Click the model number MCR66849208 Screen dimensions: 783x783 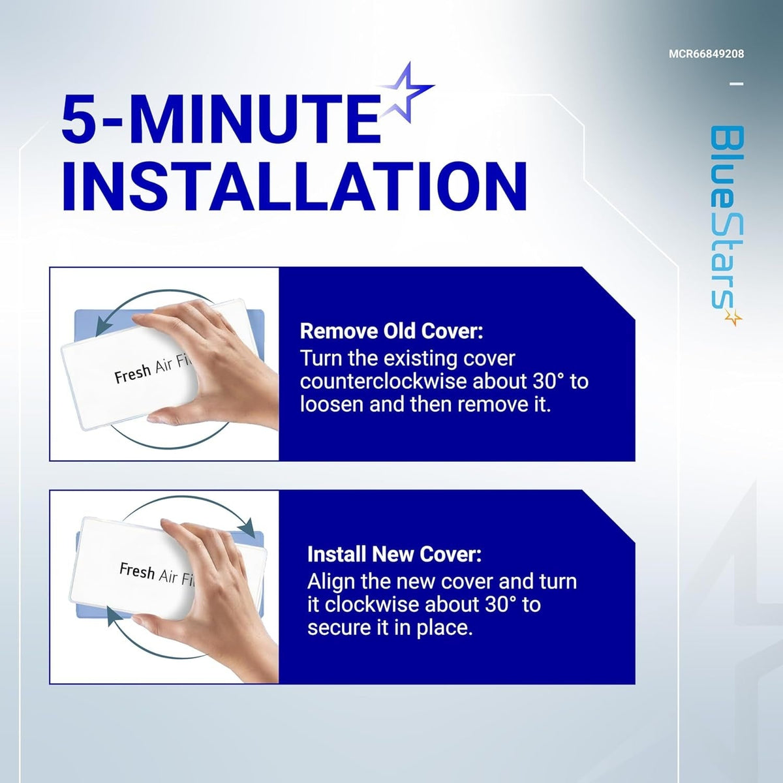[x=706, y=54]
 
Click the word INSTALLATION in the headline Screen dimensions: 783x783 [x=295, y=187]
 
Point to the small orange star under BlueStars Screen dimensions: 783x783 [x=733, y=318]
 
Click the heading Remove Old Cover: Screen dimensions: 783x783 [x=391, y=331]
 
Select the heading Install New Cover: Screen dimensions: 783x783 [x=394, y=554]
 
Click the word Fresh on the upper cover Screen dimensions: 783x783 [x=132, y=373]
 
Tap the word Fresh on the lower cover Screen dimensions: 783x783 [x=137, y=570]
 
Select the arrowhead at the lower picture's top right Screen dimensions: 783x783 [x=248, y=529]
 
